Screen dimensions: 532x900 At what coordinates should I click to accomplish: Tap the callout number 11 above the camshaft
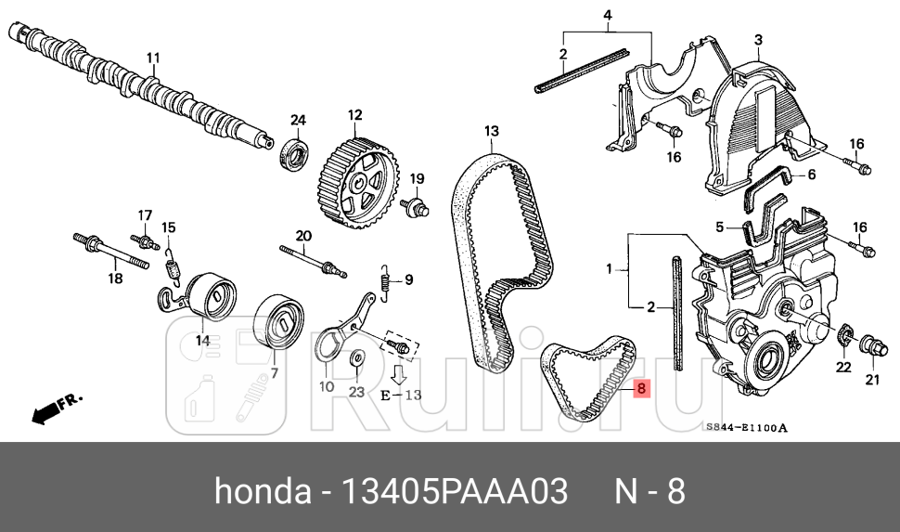[153, 58]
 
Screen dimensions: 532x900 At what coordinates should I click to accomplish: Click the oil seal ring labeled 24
[296, 153]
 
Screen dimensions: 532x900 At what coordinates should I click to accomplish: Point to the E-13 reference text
[401, 395]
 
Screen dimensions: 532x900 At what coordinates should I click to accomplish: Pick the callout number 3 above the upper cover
[757, 39]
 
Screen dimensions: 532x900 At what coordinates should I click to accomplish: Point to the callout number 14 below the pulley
[202, 340]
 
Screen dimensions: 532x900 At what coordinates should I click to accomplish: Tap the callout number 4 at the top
[608, 15]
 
